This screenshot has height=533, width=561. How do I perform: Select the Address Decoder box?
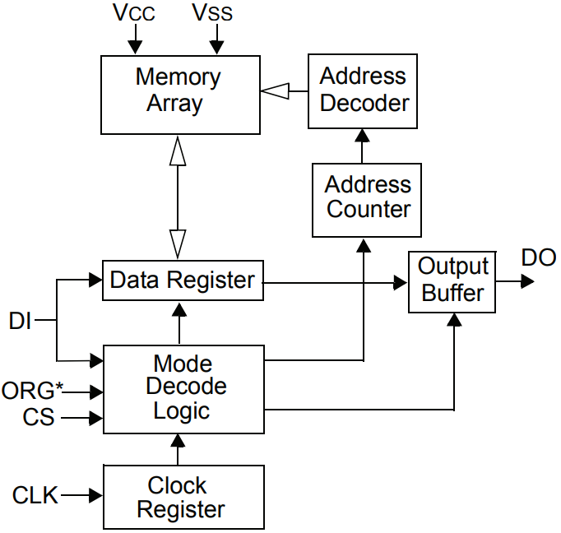363,90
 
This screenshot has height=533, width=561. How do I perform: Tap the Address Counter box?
367,197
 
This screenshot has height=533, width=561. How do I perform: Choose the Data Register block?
182,280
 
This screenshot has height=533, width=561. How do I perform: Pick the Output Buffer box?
452,281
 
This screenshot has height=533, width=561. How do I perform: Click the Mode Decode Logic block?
183,388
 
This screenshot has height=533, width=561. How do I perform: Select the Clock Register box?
183,497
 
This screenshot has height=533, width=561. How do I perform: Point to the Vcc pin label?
132,13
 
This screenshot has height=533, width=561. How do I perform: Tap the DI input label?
20,321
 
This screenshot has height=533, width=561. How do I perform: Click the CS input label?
38,417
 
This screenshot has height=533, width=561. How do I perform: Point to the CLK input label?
35,496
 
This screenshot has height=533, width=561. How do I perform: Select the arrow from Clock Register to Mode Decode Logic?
178,449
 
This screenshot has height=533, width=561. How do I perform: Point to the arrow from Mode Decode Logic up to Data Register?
178,323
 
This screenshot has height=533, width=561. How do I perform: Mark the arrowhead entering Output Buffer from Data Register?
401,282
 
